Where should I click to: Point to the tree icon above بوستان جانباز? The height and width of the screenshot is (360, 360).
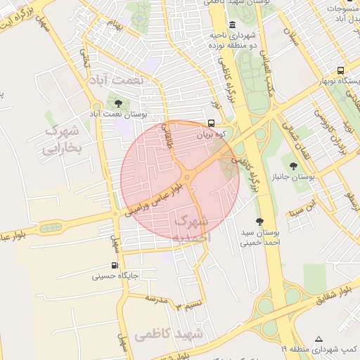click(x=293, y=166)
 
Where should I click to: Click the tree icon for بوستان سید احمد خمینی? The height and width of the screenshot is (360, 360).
click(x=259, y=221)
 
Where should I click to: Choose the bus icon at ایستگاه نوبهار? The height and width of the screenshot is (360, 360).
click(x=340, y=71)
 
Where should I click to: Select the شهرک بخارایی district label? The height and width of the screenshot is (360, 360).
click(x=63, y=140)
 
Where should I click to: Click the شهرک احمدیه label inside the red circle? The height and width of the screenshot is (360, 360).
click(x=191, y=229)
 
